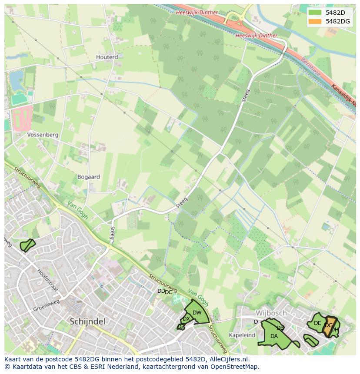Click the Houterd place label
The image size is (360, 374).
point(107,57)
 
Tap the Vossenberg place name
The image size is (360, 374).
point(43,135)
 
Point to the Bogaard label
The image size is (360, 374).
point(88,177)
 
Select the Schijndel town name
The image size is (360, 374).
point(87,321)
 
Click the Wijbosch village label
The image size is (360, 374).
point(271,313)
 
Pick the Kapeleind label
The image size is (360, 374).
point(242,335)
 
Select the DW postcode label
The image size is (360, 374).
point(197,313)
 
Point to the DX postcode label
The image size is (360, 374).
point(186,319)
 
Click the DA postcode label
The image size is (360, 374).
point(274,336)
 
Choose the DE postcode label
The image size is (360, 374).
point(317,323)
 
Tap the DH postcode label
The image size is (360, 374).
point(334,330)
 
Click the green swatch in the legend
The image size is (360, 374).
point(315,13)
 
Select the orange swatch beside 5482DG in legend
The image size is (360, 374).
point(315,21)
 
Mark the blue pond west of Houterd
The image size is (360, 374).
point(17,80)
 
